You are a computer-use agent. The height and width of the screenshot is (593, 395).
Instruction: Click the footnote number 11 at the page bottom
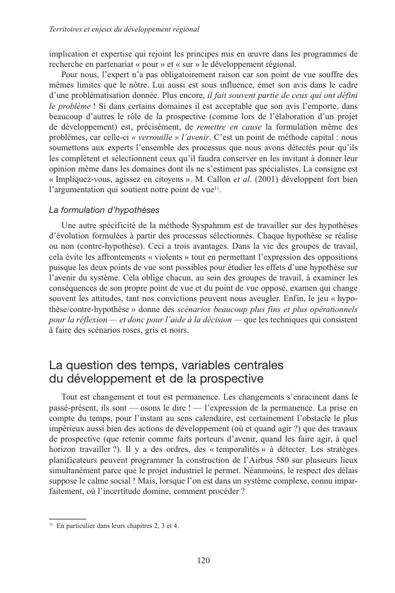[x=50, y=524]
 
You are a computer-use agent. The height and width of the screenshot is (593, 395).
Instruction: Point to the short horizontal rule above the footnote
[x=67, y=518]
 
